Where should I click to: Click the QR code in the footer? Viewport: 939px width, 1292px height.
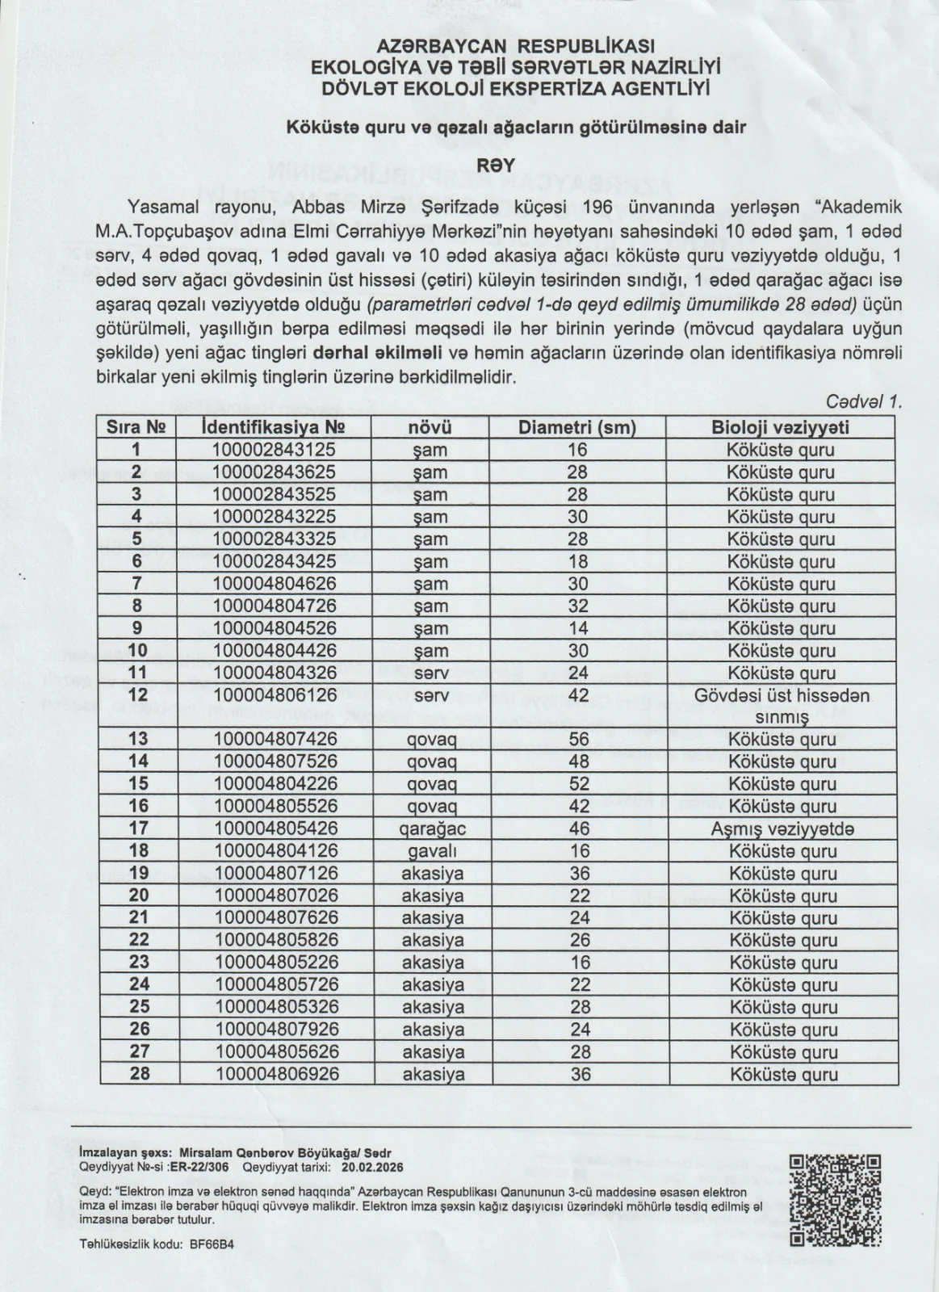pyautogui.click(x=835, y=1199)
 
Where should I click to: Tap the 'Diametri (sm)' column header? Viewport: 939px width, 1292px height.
pyautogui.click(x=577, y=427)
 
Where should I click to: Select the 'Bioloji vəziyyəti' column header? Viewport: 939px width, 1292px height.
pyautogui.click(x=780, y=427)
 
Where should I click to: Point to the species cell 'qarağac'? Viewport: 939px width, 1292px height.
pyautogui.click(x=433, y=828)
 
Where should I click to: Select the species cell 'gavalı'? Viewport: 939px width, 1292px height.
pyautogui.click(x=433, y=851)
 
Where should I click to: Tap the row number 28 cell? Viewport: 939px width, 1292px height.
pyautogui.click(x=139, y=1074)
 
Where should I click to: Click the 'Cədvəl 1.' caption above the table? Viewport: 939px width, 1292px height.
pyautogui.click(x=863, y=401)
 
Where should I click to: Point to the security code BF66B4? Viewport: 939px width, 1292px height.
pyautogui.click(x=212, y=1244)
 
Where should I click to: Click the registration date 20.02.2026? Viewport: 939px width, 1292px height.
pyautogui.click(x=372, y=1168)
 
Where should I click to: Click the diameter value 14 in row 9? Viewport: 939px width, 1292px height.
pyautogui.click(x=577, y=628)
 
